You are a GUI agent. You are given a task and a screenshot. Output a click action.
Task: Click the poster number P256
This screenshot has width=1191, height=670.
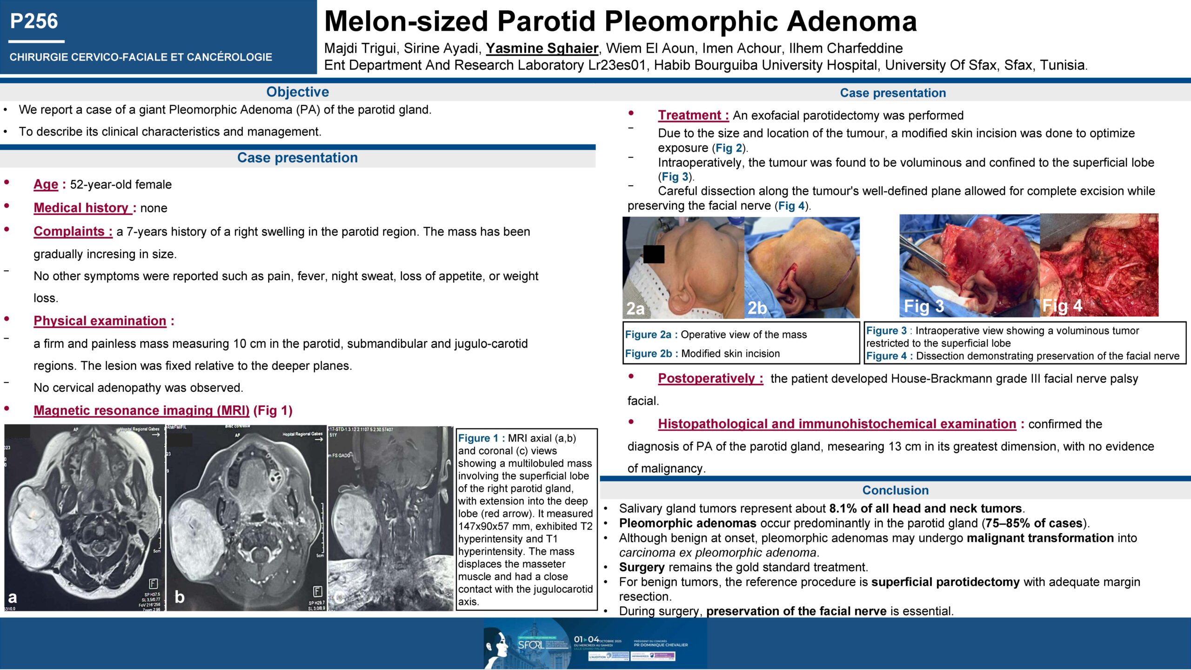coord(34,21)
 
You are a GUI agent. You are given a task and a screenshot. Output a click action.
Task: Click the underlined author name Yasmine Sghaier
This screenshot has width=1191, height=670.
coord(542,48)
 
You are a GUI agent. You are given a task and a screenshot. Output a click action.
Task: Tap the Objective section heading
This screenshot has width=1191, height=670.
coord(297,92)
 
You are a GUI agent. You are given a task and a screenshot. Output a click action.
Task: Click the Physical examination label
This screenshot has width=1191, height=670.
coord(100,321)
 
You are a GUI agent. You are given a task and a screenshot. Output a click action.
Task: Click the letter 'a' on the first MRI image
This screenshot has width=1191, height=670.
coord(13,597)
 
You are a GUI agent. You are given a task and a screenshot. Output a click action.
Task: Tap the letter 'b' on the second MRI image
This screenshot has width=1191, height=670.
coord(179,597)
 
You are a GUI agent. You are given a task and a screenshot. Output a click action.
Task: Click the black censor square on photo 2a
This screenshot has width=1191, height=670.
coord(654,254)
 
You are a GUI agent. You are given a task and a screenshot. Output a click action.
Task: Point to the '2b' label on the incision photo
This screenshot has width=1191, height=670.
coord(757,308)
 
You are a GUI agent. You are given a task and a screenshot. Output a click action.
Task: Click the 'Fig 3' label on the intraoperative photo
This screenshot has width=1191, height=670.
coord(923,306)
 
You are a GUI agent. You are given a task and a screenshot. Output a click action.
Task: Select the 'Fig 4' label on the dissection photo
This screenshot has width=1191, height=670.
coord(1062,306)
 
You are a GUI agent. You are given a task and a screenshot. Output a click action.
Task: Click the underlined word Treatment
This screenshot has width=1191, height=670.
coord(693,115)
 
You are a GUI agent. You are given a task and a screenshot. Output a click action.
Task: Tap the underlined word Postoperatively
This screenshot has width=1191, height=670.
coord(710,379)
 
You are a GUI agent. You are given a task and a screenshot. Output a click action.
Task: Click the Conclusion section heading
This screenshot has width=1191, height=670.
coord(895,490)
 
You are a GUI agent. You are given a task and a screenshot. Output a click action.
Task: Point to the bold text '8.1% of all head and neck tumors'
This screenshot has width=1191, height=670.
coord(925,509)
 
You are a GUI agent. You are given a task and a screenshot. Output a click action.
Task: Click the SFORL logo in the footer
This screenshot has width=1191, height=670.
coord(531,645)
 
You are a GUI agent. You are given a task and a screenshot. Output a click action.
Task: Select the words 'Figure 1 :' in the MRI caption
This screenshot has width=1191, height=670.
coord(481,438)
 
